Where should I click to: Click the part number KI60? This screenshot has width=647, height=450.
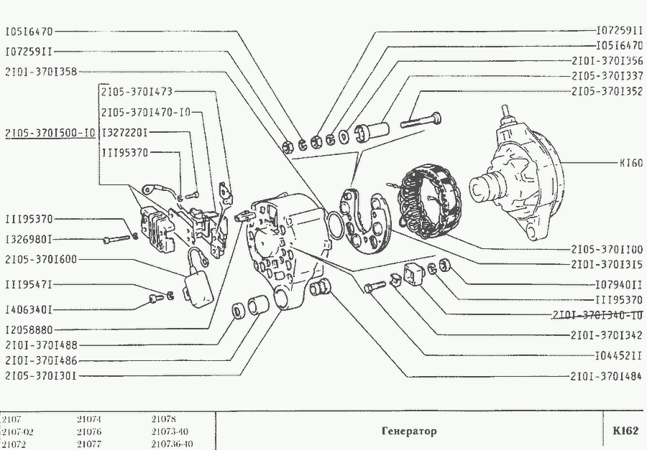pos(630,162)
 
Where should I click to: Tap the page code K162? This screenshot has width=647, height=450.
pos(625,431)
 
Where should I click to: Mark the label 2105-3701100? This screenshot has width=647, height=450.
pos(607,250)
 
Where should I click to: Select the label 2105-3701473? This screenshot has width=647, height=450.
pos(137,92)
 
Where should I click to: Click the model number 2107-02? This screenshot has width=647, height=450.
pos(18,431)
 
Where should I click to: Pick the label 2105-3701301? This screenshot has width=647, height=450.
pos(40,375)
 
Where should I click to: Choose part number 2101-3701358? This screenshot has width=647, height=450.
pos(40,71)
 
